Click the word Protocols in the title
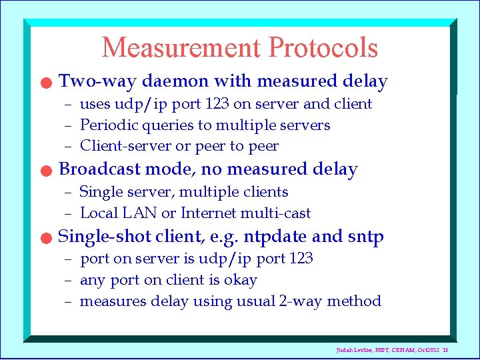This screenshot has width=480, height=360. pos(323,47)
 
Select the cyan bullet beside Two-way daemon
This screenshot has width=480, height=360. pos(44,83)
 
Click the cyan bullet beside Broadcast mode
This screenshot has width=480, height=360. pos(44,171)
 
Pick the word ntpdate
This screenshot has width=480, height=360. pos(275,237)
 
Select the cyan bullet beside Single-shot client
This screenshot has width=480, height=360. pos(44,238)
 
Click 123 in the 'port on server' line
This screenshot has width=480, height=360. pos(301,258)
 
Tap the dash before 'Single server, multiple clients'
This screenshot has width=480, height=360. pos(68,193)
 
